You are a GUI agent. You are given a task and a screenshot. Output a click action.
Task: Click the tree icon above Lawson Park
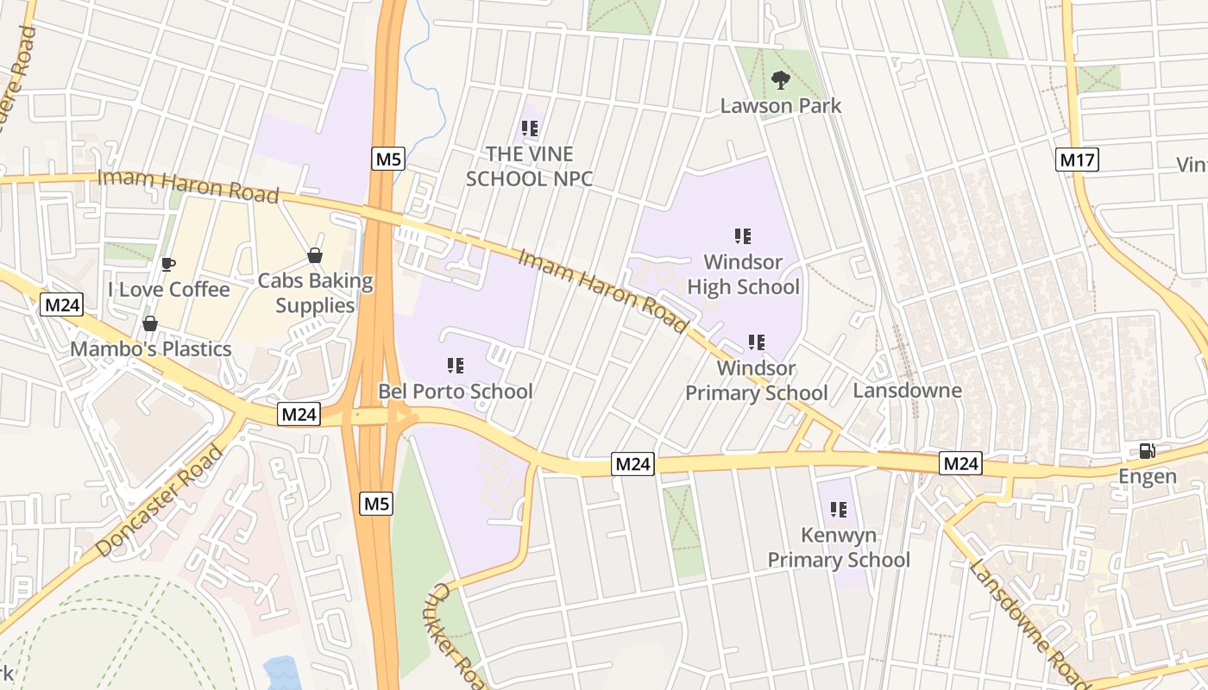pyautogui.click(x=781, y=81)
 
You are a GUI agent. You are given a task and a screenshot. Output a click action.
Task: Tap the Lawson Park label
pyautogui.click(x=781, y=106)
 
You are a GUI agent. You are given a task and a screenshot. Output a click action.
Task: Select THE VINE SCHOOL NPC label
pyautogui.click(x=529, y=166)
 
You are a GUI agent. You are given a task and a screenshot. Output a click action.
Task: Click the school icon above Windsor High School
pyautogui.click(x=743, y=236)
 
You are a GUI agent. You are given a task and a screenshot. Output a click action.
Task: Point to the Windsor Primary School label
pyautogui.click(x=757, y=380)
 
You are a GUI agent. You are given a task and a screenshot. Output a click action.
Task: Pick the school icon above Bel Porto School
pyautogui.click(x=456, y=366)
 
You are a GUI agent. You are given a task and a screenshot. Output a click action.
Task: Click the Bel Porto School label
pyautogui.click(x=456, y=392)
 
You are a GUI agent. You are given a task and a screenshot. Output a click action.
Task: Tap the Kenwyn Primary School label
pyautogui.click(x=839, y=548)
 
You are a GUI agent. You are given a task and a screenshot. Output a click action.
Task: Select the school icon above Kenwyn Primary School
pyautogui.click(x=838, y=510)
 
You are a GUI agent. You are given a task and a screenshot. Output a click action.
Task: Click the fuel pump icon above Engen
pyautogui.click(x=1148, y=451)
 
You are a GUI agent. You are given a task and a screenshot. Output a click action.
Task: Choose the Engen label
pyautogui.click(x=1148, y=476)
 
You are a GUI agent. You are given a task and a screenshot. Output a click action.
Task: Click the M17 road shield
pyautogui.click(x=1077, y=159)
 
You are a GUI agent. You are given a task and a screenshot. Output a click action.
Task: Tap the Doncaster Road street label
pyautogui.click(x=159, y=501)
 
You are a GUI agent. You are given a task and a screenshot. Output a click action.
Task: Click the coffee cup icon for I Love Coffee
pyautogui.click(x=168, y=264)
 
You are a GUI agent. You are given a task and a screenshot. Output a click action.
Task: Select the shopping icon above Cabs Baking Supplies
pyautogui.click(x=315, y=255)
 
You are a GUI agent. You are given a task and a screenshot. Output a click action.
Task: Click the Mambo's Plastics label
pyautogui.click(x=151, y=349)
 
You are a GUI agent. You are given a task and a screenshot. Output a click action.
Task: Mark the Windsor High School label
pyautogui.click(x=743, y=274)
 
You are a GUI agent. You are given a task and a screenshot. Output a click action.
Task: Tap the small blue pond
pyautogui.click(x=280, y=674)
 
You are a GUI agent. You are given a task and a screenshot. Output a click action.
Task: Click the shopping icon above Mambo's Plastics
pyautogui.click(x=150, y=323)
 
